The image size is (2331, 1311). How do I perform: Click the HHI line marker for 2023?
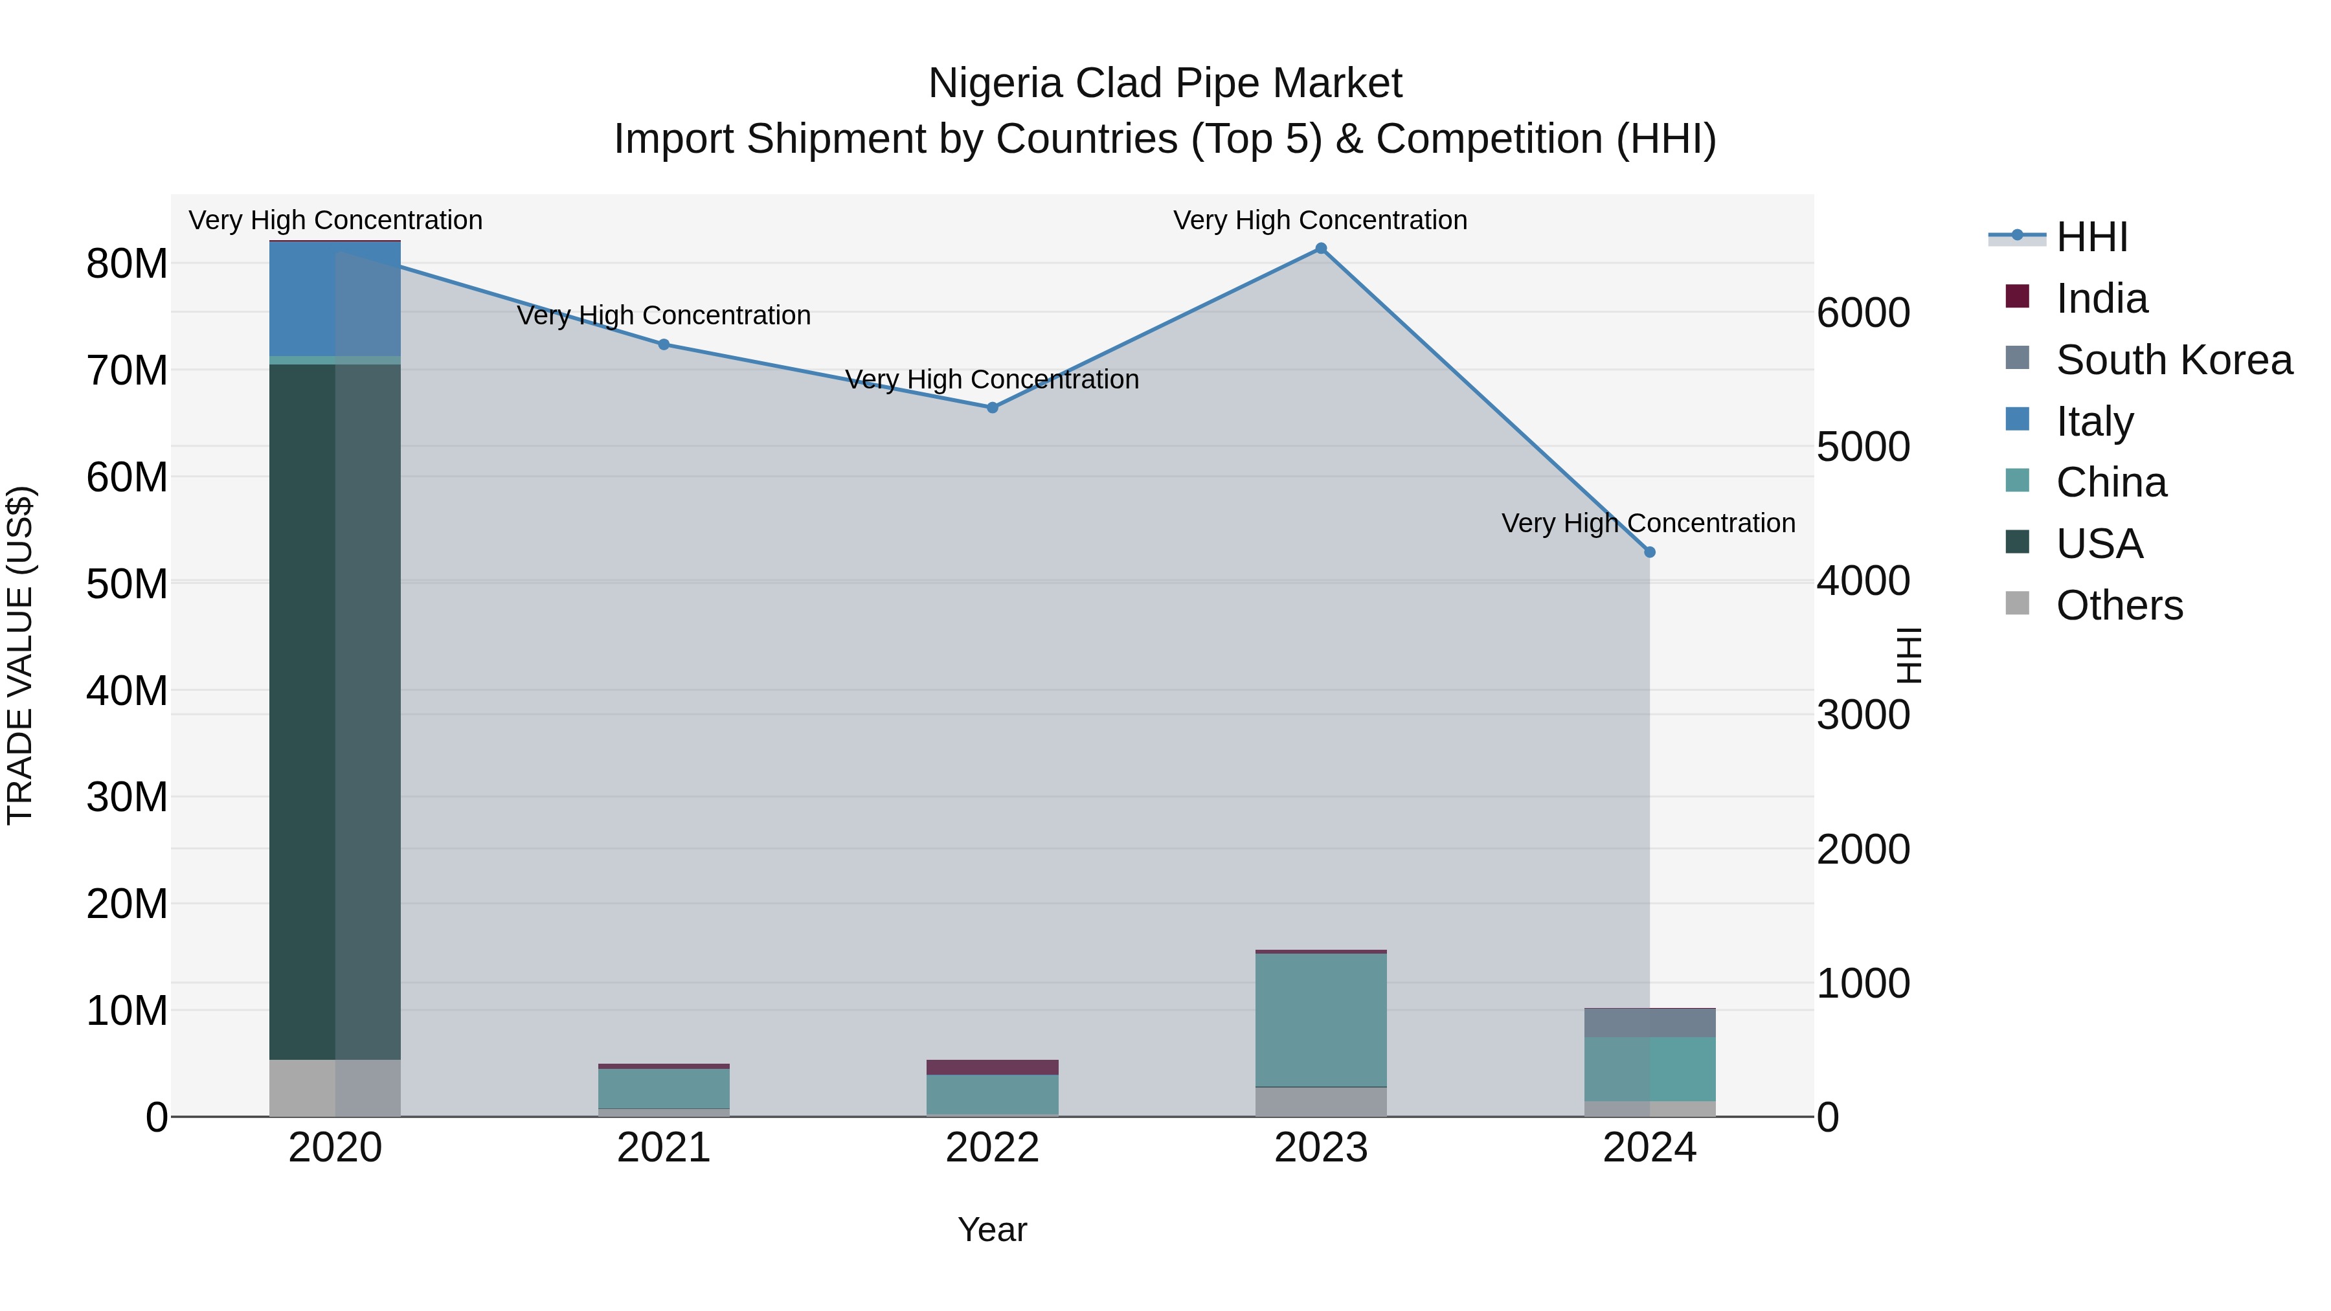(x=1320, y=248)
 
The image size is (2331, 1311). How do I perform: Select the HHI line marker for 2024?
(x=1649, y=552)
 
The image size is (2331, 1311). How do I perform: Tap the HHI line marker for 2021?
(x=663, y=344)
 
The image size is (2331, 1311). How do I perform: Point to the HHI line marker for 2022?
(x=992, y=408)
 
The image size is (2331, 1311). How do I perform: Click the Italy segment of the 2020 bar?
(x=335, y=298)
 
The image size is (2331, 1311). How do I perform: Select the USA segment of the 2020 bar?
(x=335, y=711)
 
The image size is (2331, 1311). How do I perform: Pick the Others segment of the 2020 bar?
(x=335, y=1088)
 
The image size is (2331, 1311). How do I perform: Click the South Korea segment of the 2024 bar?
(x=1649, y=1022)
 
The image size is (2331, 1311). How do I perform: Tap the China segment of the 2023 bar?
(x=1320, y=1020)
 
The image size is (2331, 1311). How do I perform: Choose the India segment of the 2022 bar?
(x=992, y=1067)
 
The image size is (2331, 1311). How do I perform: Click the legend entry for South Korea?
(x=2174, y=360)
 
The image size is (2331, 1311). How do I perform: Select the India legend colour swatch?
(x=2017, y=297)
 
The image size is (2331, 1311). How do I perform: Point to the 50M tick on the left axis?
(x=127, y=583)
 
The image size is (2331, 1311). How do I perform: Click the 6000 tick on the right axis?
(x=1862, y=313)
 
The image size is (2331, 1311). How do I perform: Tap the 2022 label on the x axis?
(x=992, y=1148)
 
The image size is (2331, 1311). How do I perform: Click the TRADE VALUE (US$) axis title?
(x=20, y=655)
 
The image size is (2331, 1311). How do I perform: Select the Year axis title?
(x=992, y=1229)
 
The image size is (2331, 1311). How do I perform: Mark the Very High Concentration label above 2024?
(x=1648, y=523)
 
